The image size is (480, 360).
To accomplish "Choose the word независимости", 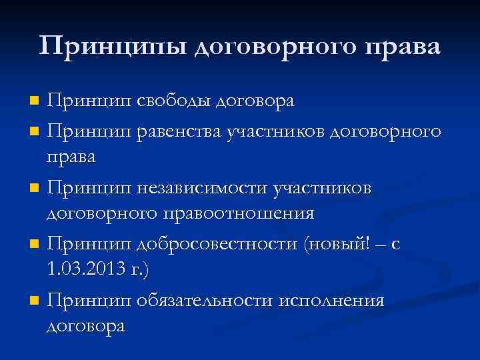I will tap(202, 188).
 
